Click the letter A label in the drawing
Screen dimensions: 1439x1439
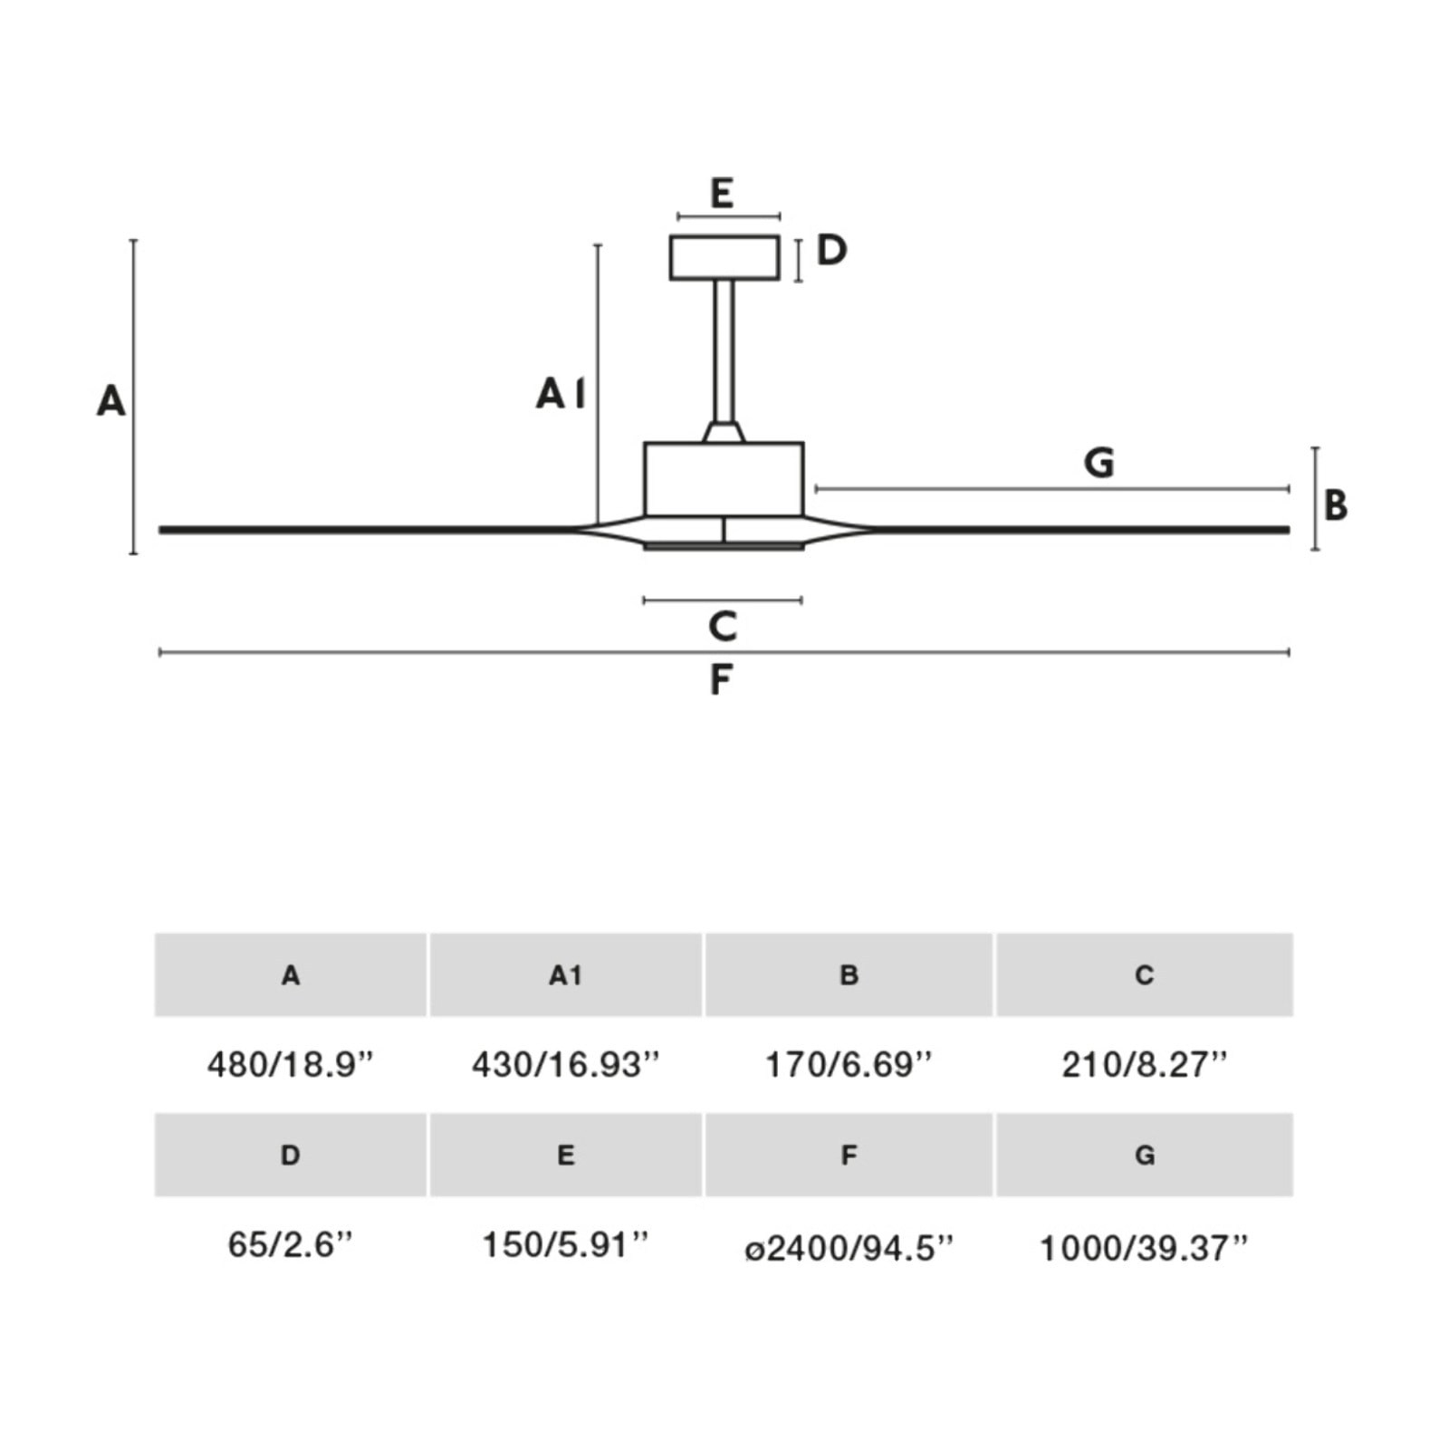(110, 400)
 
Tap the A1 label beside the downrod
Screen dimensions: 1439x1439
(560, 394)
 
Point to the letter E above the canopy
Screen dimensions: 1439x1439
(722, 194)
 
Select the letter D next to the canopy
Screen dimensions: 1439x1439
(831, 250)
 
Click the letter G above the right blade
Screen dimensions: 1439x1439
(1098, 463)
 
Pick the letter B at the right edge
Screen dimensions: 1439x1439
(1335, 505)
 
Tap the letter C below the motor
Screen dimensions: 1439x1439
(723, 627)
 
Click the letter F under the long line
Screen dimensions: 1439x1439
(720, 680)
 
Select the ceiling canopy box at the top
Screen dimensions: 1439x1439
(724, 258)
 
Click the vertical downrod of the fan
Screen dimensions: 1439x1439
(724, 353)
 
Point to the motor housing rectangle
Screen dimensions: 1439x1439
(724, 479)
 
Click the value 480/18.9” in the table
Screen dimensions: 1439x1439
(290, 1064)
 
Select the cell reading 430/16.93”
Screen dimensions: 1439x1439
(565, 1064)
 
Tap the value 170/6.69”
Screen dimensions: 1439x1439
(848, 1064)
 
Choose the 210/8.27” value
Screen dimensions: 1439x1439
(1144, 1064)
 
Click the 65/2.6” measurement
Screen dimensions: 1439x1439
(290, 1244)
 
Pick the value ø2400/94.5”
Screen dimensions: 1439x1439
(849, 1248)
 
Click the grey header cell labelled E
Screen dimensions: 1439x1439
(565, 1155)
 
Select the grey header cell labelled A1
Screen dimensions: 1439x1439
(565, 974)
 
